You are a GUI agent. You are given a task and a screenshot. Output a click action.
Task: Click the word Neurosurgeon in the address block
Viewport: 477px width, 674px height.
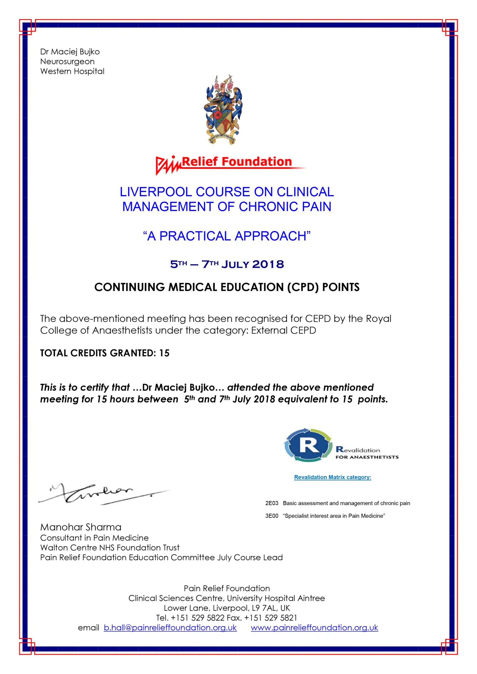[67, 62]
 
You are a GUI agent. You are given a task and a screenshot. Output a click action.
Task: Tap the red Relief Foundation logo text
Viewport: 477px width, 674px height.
[237, 162]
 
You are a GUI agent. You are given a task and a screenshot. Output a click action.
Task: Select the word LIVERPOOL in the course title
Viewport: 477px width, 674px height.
[156, 192]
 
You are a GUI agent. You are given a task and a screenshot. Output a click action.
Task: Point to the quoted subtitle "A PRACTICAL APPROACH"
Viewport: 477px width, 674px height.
[227, 236]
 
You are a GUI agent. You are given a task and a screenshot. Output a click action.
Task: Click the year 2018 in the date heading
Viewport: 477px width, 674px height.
[268, 264]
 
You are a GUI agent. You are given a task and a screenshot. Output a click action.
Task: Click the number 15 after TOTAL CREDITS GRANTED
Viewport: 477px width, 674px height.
[164, 353]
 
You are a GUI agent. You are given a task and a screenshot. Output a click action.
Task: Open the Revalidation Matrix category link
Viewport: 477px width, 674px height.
[332, 477]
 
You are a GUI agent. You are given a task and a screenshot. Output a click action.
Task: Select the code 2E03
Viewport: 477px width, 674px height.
[272, 503]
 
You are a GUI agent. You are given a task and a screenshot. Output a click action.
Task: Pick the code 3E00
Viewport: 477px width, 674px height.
[272, 516]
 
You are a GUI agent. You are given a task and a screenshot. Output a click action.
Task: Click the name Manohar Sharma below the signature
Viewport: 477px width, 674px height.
[81, 527]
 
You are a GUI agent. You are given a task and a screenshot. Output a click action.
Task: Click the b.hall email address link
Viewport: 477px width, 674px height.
[170, 628]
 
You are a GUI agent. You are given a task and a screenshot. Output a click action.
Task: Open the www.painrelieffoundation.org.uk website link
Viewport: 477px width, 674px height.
[314, 628]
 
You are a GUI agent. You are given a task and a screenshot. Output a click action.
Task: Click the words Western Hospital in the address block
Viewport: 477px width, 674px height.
[72, 71]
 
